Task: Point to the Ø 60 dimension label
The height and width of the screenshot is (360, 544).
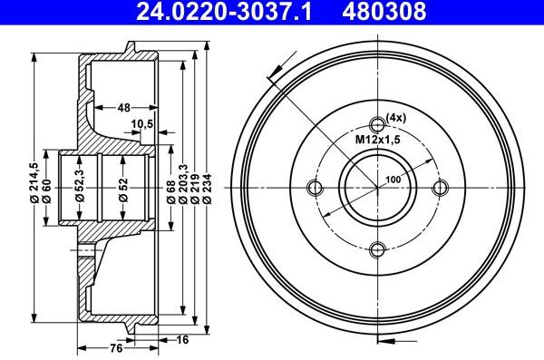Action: pos(46,191)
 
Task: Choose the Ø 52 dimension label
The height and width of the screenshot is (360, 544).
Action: pos(123,190)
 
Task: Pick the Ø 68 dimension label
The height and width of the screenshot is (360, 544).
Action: pos(170,191)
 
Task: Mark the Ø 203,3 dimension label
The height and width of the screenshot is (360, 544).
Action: pos(183,184)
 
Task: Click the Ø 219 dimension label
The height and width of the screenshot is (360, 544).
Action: pos(195,189)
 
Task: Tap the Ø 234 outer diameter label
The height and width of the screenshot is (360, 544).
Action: pos(207,189)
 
